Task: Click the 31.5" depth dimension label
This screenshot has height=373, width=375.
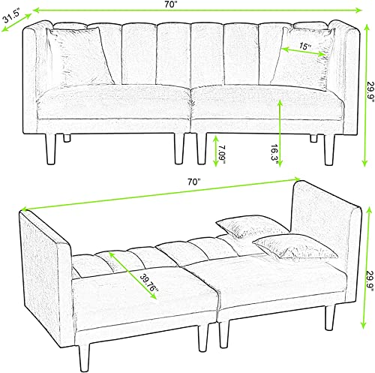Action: [11, 17]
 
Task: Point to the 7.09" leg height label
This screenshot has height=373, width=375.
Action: [222, 154]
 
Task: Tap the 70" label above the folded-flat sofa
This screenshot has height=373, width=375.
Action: [195, 182]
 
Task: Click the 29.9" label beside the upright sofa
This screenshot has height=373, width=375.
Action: [370, 93]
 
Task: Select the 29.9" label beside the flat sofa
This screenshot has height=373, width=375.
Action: [370, 281]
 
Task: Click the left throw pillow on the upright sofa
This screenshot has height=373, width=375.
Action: [80, 57]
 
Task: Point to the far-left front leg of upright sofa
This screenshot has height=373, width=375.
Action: [51, 149]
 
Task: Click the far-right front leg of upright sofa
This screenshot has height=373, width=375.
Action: [329, 149]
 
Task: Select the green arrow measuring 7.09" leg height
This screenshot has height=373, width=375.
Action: [215, 151]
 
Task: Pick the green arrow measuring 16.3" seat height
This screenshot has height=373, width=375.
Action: [280, 133]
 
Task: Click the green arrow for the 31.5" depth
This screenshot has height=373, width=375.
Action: [16, 23]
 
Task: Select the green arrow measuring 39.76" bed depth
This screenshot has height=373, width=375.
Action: [133, 275]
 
